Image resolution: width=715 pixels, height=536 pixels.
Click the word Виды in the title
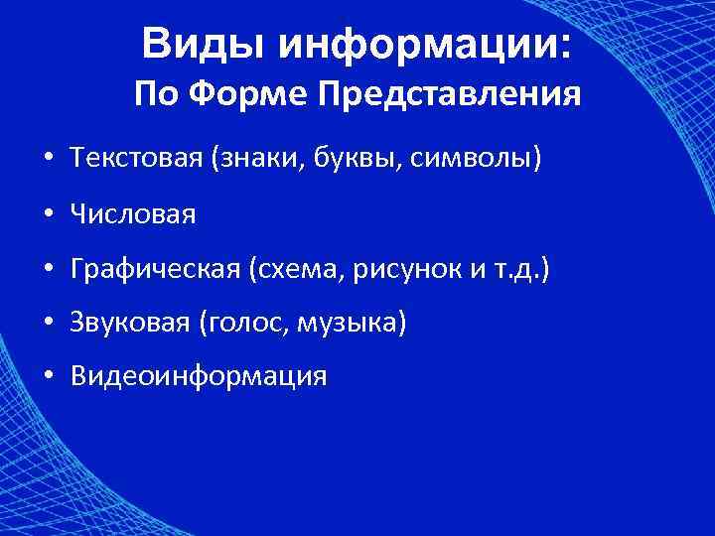tap(204, 44)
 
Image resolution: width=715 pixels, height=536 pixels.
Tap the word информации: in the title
tap(424, 44)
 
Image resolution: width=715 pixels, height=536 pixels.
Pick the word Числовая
tap(133, 214)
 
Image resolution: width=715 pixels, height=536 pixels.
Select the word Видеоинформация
tap(198, 377)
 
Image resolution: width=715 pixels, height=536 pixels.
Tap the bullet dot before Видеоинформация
tap(48, 378)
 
